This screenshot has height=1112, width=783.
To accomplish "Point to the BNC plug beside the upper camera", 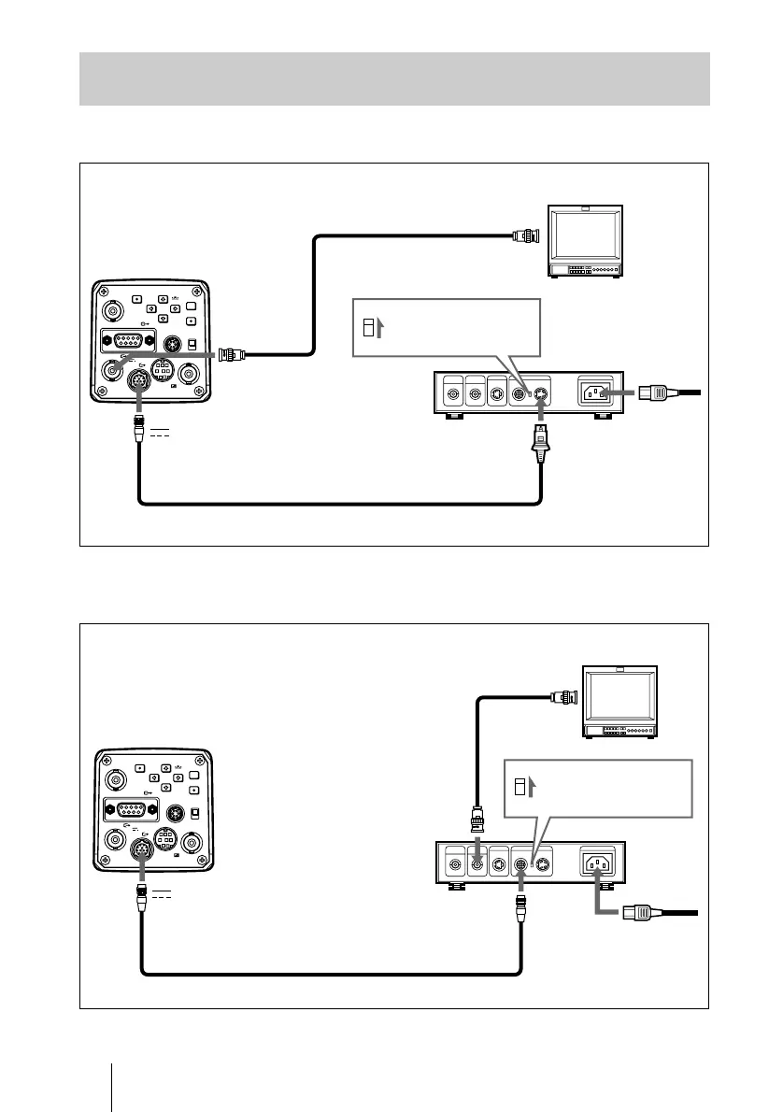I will [x=228, y=354].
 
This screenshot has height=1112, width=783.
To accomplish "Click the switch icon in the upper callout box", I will [x=367, y=327].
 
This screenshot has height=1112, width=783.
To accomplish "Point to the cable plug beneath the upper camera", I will [x=139, y=430].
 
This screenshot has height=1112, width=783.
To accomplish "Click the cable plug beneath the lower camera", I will [x=139, y=897].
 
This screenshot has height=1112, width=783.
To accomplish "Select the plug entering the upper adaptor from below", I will [x=541, y=439].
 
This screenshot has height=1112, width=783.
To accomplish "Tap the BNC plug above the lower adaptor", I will [x=477, y=820].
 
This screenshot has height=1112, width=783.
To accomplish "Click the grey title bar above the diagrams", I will [x=394, y=78].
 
